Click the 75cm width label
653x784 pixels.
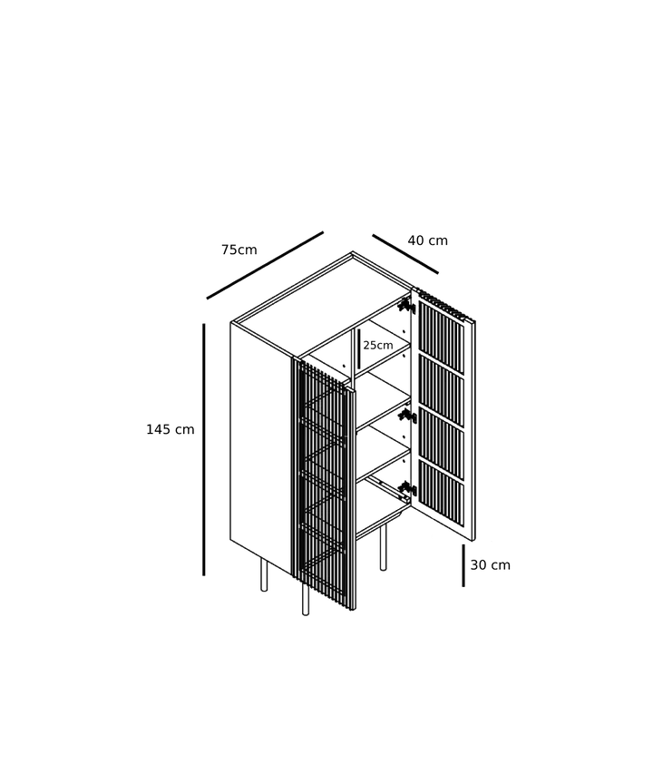pos(239,250)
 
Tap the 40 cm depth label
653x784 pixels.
pos(428,240)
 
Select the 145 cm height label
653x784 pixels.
pos(170,429)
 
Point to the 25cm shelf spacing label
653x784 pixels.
pos(378,345)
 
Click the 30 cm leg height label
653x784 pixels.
pos(490,565)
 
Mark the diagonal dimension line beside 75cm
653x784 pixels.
pos(266,266)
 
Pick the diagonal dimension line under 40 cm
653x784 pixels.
pos(405,254)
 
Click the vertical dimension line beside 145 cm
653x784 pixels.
pos(204,449)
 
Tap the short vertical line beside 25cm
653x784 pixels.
pos(359,348)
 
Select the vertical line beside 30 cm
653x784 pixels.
pos(463,565)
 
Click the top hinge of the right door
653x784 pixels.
pos(406,305)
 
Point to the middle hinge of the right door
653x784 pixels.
pos(408,416)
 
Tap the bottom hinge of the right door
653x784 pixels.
pos(408,488)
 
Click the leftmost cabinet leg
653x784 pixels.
pos(264,575)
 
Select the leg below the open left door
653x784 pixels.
pos(306,601)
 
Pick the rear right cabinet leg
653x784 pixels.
pos(384,548)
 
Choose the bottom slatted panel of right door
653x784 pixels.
pos(441,493)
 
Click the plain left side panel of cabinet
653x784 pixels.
pos(260,447)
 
